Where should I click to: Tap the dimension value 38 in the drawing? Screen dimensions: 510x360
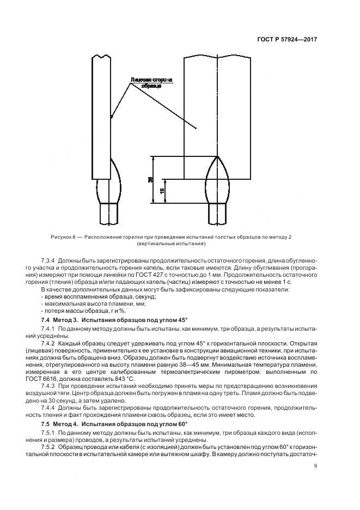tap(150, 179)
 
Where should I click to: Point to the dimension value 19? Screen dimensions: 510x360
tap(162, 191)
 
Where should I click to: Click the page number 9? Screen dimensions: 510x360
tap(315, 465)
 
